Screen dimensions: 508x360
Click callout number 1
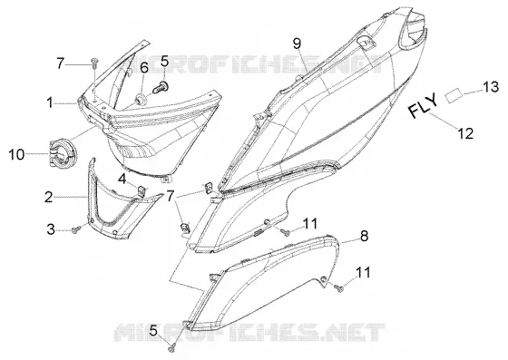[x=50, y=103]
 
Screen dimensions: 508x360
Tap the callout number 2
[x=49, y=197]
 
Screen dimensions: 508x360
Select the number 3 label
[x=51, y=229]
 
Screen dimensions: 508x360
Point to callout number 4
[x=122, y=179]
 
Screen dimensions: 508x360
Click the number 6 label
[x=144, y=68]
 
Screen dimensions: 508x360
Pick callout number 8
[x=364, y=236]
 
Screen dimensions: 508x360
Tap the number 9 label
[x=298, y=44]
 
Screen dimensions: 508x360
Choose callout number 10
[x=16, y=154]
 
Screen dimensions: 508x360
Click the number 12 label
[x=465, y=133]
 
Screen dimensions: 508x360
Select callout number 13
[x=491, y=86]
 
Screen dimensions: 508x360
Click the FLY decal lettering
[x=423, y=105]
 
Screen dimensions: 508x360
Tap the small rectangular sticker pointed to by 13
[x=454, y=95]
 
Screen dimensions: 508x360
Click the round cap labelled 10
[x=63, y=154]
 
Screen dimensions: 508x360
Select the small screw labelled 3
[x=76, y=229]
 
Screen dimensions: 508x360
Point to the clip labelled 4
[x=142, y=190]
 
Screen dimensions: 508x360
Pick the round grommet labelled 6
[x=141, y=99]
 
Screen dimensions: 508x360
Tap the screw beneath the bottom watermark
[x=171, y=348]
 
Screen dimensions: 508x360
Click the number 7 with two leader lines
[x=171, y=196]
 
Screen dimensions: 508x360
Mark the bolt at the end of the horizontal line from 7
[x=95, y=63]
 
